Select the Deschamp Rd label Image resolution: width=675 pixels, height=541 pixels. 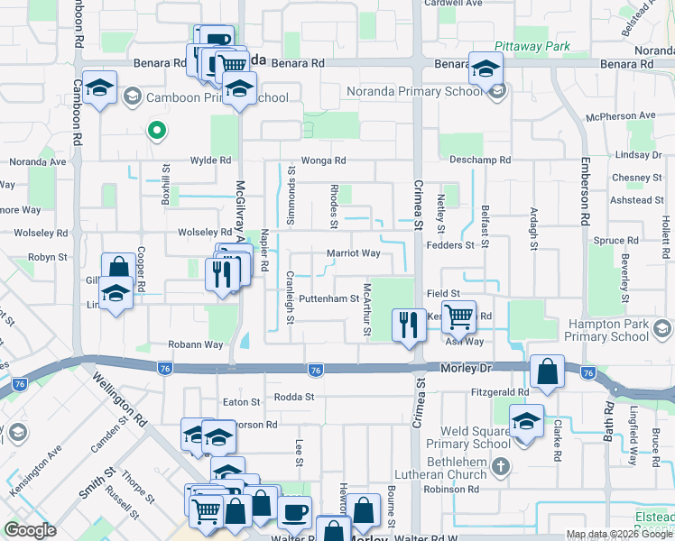coord(480,160)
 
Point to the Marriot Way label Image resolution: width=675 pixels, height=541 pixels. coord(353,253)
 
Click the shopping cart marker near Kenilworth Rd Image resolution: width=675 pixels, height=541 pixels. coord(458,318)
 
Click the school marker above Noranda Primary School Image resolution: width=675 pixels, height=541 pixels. coord(485,67)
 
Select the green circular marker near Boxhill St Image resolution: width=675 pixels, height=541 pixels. coord(156,132)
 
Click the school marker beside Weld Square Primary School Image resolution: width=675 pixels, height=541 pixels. coord(526,421)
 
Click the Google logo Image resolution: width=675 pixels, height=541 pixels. coord(30,531)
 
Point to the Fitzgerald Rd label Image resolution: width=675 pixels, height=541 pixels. coord(500,392)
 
